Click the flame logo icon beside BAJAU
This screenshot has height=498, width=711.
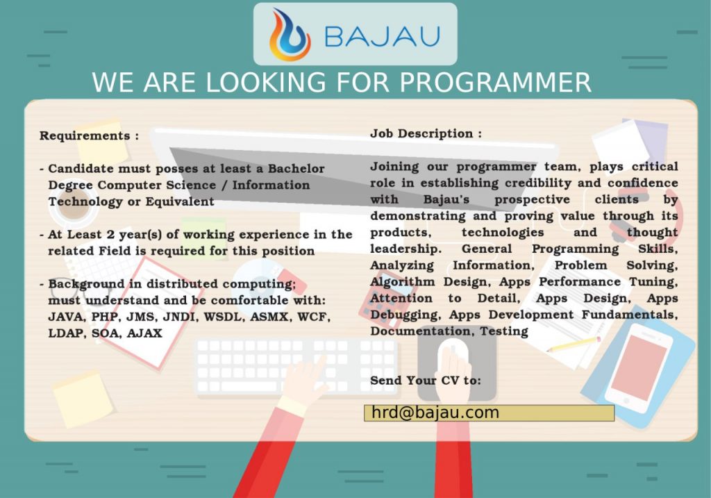[290, 35]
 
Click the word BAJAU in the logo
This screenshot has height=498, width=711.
[383, 37]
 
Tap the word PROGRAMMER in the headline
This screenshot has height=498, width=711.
[495, 82]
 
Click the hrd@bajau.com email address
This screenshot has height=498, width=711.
[435, 413]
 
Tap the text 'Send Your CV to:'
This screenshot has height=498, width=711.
[426, 380]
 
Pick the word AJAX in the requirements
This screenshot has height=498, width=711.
[144, 333]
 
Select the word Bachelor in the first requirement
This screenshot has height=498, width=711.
[296, 168]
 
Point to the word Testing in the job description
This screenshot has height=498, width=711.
[504, 332]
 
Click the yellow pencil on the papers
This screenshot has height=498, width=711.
[574, 345]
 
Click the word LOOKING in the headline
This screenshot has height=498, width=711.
[266, 82]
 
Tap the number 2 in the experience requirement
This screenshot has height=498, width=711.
[110, 235]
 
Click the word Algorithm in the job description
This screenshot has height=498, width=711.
[402, 282]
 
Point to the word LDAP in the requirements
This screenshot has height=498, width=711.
[65, 333]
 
